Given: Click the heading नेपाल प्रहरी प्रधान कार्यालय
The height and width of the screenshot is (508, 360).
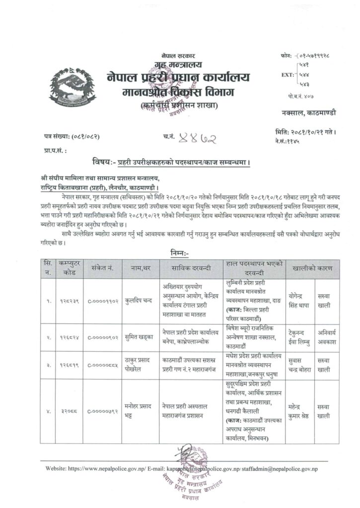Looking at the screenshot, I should pos(178,78).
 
